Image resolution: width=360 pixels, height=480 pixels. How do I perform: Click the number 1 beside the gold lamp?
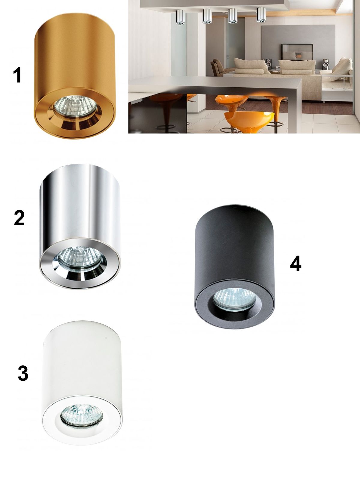17,75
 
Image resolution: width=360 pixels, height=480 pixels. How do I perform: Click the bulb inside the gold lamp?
75,106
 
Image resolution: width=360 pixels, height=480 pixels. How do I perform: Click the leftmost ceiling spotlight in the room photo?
180,17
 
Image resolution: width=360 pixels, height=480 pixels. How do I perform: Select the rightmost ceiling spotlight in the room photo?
261,15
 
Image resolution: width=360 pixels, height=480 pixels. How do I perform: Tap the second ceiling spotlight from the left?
207,16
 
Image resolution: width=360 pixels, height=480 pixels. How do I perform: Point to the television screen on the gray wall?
297,52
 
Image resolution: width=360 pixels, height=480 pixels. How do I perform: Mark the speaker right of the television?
325,64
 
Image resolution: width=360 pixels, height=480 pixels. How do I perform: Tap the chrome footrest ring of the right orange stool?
276,124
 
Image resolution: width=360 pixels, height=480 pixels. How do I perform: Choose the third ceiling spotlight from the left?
232,16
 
